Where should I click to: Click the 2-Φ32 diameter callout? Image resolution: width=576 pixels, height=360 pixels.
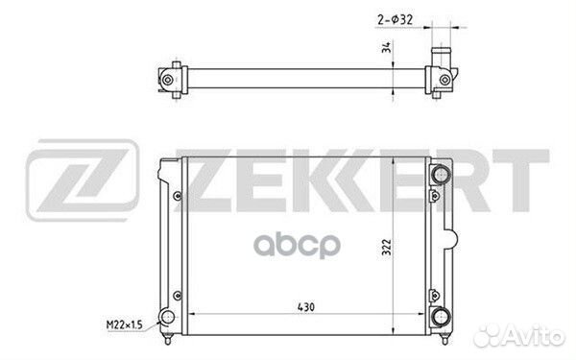[395, 19]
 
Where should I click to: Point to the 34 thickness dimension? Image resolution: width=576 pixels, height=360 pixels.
[386, 47]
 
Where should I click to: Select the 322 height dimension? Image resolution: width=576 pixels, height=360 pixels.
[387, 248]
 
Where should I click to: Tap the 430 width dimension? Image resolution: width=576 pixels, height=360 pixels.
[306, 307]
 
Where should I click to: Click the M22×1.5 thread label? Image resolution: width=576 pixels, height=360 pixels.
[124, 324]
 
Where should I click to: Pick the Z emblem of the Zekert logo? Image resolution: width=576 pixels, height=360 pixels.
[83, 180]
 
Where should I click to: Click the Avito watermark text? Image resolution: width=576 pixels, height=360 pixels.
[518, 335]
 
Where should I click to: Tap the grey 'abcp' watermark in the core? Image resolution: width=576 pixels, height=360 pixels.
[297, 246]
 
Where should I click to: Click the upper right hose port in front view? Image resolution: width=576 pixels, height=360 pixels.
[441, 174]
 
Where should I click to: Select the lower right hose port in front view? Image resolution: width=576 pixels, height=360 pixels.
[441, 317]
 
